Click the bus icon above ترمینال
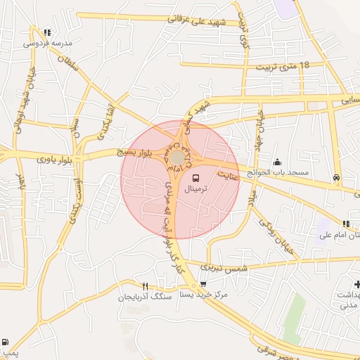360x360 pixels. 195,179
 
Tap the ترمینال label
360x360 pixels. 197,191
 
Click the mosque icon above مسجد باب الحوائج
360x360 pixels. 277,162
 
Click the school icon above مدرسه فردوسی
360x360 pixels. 47,32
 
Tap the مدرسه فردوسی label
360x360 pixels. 48,43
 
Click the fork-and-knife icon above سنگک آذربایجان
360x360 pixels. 146,286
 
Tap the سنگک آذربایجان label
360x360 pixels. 146,297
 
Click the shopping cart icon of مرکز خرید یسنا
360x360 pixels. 203,285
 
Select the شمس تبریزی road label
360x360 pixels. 224,268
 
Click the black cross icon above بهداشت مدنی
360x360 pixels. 358,284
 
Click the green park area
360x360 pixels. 295,316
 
